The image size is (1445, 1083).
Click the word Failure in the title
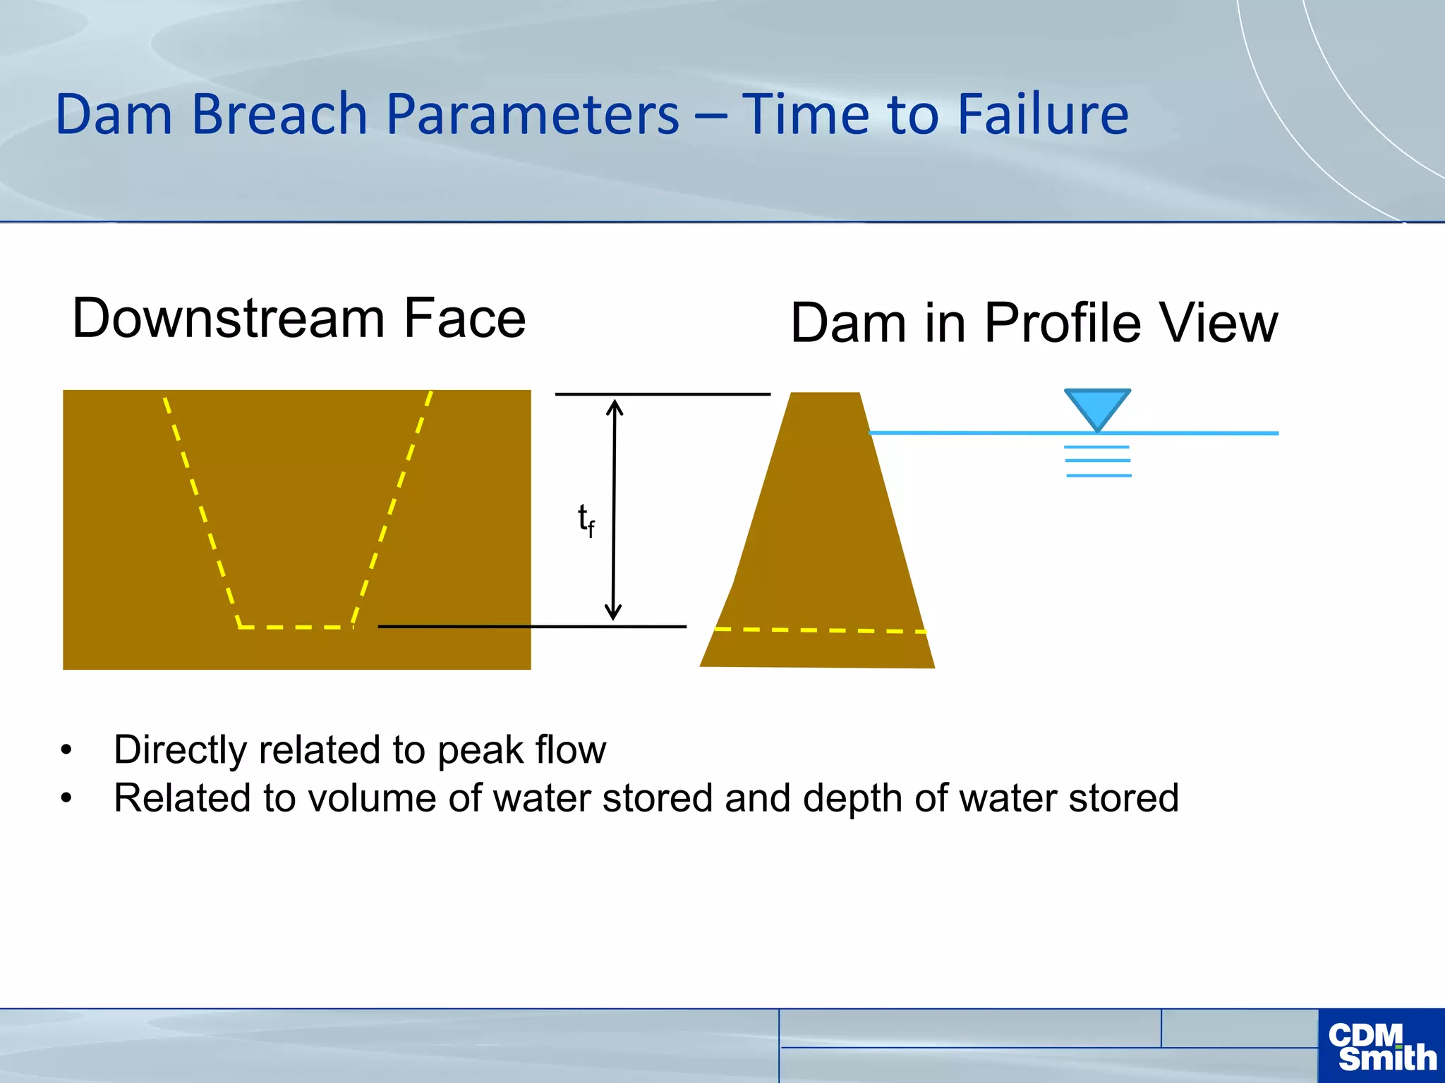[x=1042, y=114]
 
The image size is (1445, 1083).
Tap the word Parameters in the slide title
[x=533, y=114]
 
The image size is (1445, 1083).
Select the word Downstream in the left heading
[x=227, y=318]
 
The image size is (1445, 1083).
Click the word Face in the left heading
[x=464, y=318]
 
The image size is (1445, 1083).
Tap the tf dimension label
[x=586, y=520]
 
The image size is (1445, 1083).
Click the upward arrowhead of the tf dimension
[x=615, y=407]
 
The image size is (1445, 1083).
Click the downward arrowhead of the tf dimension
[x=614, y=613]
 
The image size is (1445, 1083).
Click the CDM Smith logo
[x=1381, y=1046]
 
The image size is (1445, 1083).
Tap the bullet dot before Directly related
[x=66, y=749]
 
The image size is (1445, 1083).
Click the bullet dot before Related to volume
[x=66, y=798]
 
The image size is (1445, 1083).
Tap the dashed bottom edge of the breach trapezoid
[x=296, y=626]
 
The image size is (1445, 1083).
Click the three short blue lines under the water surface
[x=1098, y=461]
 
